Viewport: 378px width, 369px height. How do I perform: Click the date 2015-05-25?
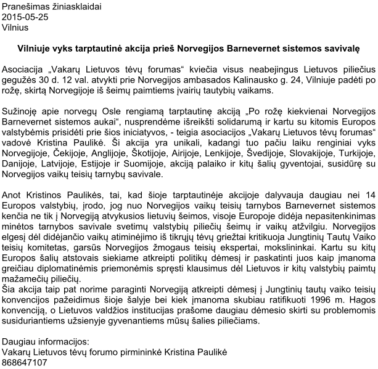tap(25, 17)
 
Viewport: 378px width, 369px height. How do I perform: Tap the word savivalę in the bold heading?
tap(341, 47)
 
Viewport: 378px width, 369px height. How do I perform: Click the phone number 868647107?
tap(25, 362)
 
